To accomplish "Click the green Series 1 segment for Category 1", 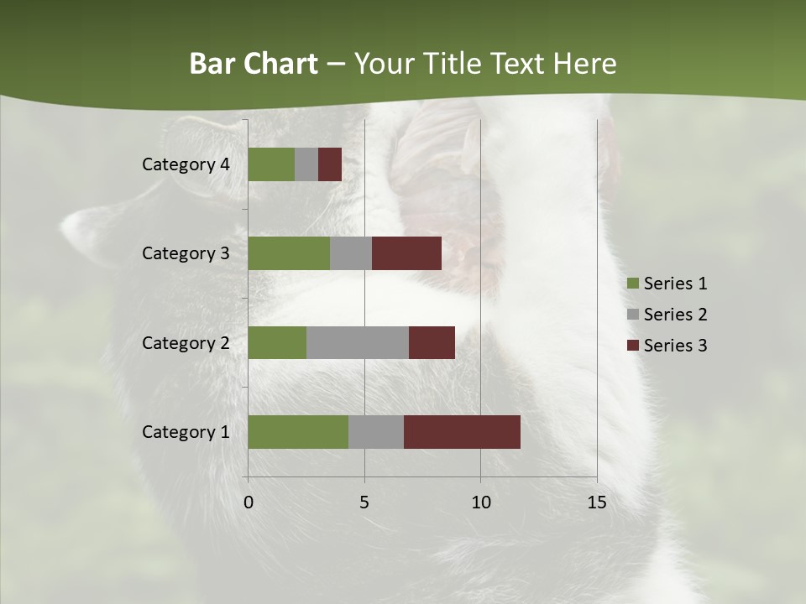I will point(298,432).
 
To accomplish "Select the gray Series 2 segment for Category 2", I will point(358,342).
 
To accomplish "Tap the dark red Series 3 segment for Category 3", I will point(406,253).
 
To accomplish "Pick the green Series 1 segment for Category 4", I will point(271,164).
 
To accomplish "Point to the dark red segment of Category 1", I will point(462,432).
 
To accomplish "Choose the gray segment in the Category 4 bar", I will point(306,164).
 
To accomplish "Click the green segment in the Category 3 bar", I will point(289,253).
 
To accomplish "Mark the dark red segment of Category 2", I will point(432,342).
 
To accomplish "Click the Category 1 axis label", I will point(186,432).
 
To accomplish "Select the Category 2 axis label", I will point(186,343).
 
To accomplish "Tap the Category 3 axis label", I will point(186,253).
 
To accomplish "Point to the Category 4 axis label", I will point(186,164).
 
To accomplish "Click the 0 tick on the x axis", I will point(249,502).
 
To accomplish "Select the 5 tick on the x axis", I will point(364,502).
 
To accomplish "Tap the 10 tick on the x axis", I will point(480,502).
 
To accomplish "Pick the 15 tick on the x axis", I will point(596,502).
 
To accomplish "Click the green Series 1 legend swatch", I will point(632,284).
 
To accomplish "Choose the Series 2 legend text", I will point(675,315).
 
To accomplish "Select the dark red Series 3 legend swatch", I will point(632,346).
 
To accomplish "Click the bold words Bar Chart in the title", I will point(253,64).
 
